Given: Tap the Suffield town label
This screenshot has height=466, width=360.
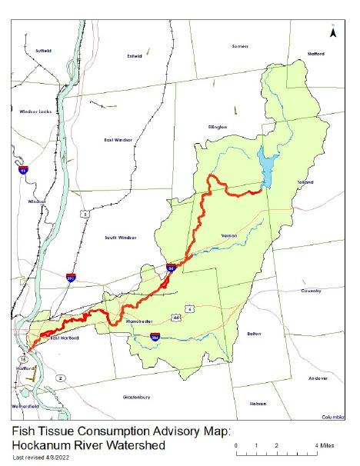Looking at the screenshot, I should pyautogui.click(x=43, y=50).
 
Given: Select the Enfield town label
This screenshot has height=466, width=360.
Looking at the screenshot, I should pyautogui.click(x=135, y=56).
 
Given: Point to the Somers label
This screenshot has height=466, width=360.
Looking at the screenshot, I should pyautogui.click(x=240, y=46).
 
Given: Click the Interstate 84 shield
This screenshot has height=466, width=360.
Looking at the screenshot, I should pyautogui.click(x=171, y=268).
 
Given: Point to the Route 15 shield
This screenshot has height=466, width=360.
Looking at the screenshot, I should pyautogui.click(x=24, y=359).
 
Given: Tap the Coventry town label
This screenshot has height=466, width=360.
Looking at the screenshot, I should pyautogui.click(x=310, y=291).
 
